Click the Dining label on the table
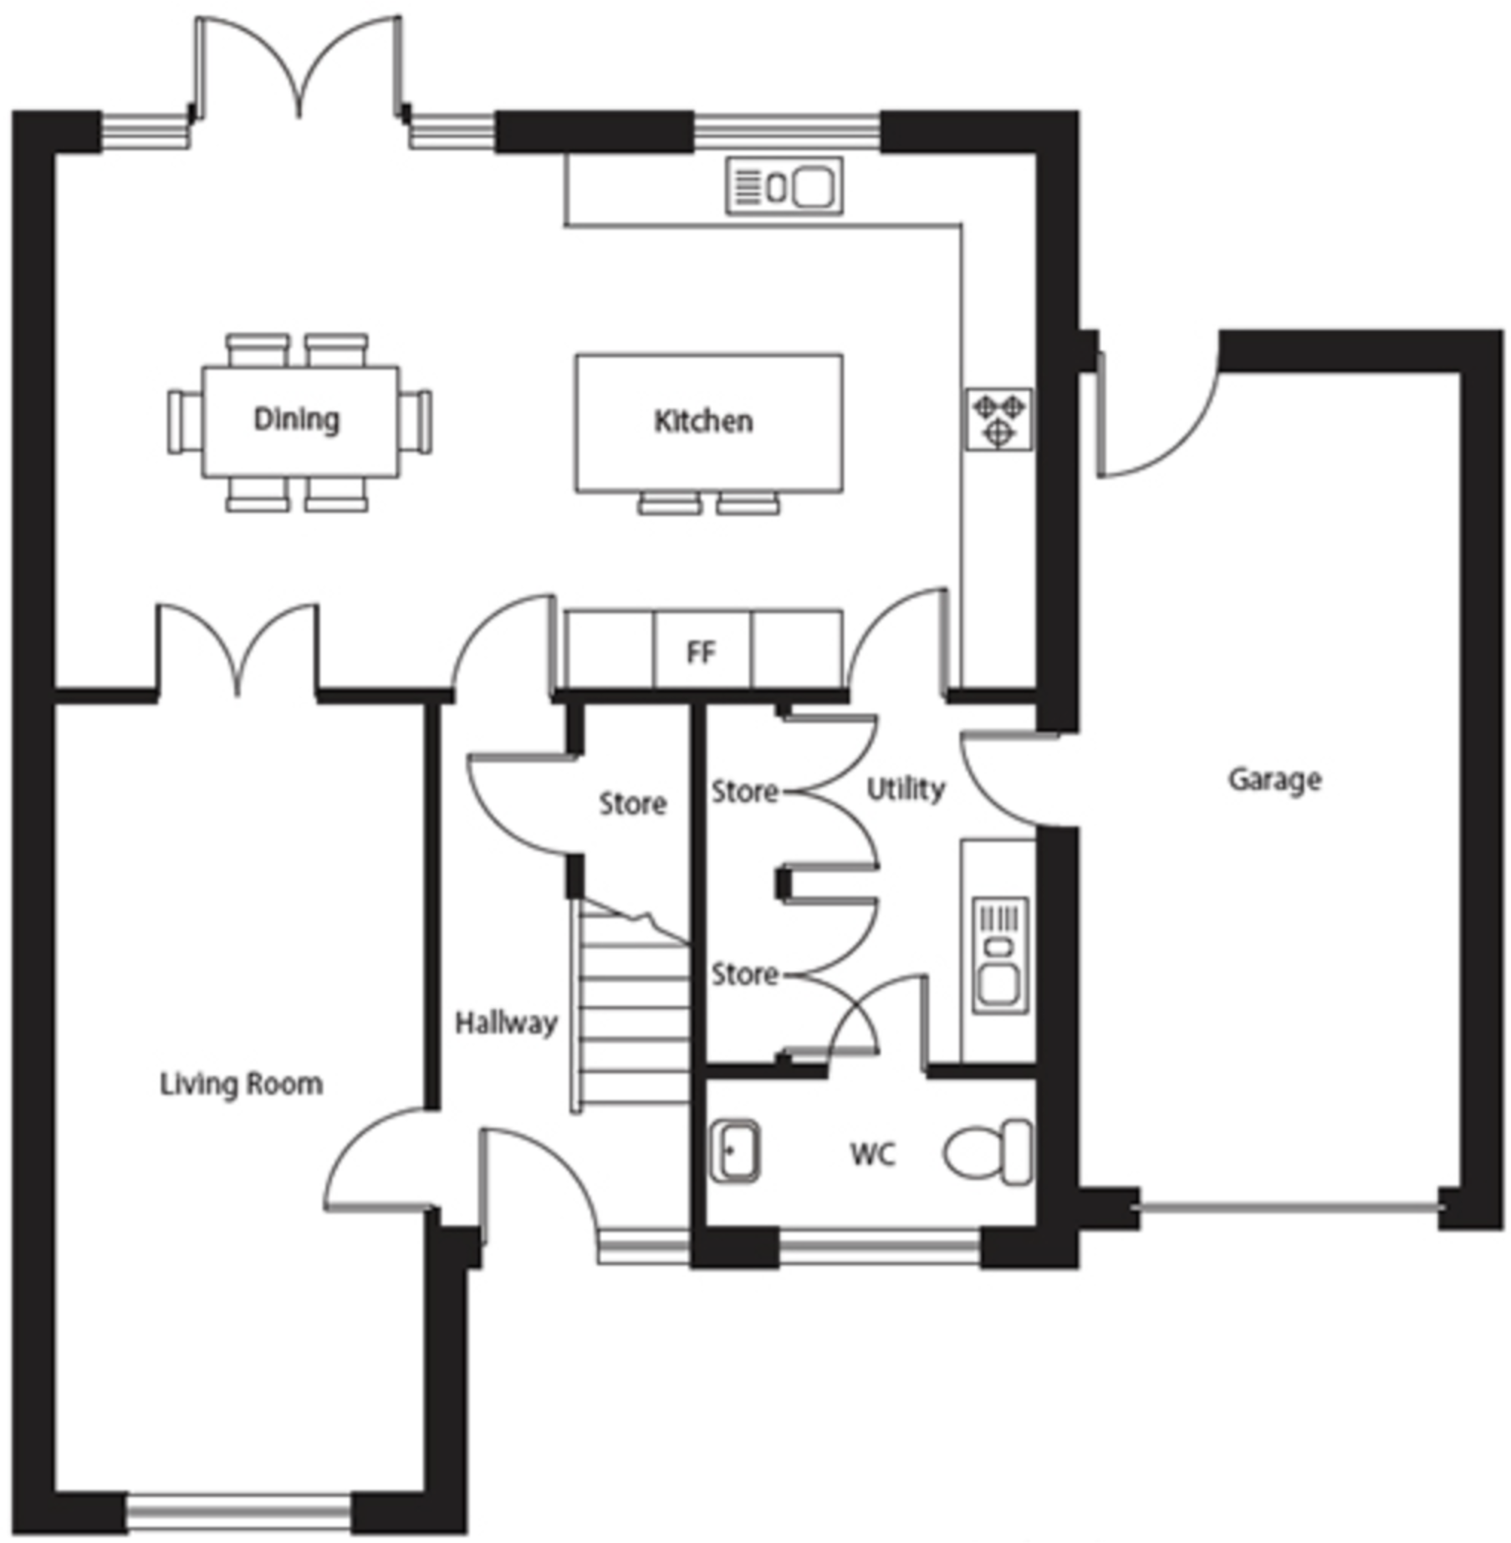[297, 419]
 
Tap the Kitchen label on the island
[703, 422]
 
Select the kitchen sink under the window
[784, 186]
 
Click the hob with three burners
[999, 419]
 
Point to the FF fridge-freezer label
[701, 652]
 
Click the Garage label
[1274, 779]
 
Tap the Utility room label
[906, 789]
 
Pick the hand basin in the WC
[735, 1151]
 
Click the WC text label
[872, 1155]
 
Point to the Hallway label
[505, 1023]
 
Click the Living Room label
[241, 1084]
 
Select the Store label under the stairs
[633, 804]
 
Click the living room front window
[238, 1512]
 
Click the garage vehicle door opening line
[1288, 1207]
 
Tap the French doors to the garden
[299, 75]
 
